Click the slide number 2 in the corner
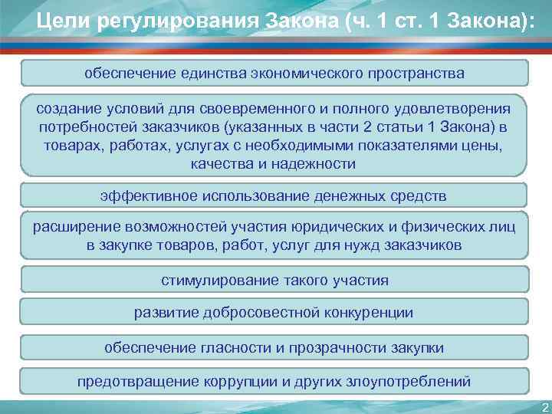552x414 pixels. pos(544,406)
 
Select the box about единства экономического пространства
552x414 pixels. pos(274,74)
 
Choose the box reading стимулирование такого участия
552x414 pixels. pos(274,280)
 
